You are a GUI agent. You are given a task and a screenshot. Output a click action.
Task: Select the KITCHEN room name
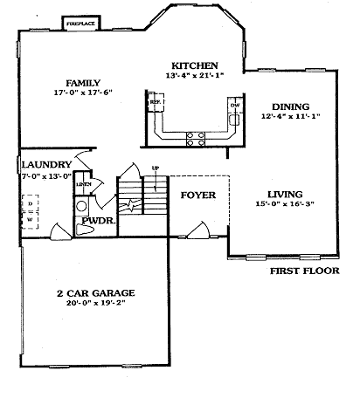(194, 65)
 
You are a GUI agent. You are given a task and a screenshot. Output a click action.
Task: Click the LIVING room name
(285, 194)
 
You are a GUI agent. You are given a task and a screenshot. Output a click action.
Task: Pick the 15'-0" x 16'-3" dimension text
(285, 206)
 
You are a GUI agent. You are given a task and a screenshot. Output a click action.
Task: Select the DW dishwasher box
(234, 105)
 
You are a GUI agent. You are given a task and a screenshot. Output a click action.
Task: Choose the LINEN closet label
(84, 185)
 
